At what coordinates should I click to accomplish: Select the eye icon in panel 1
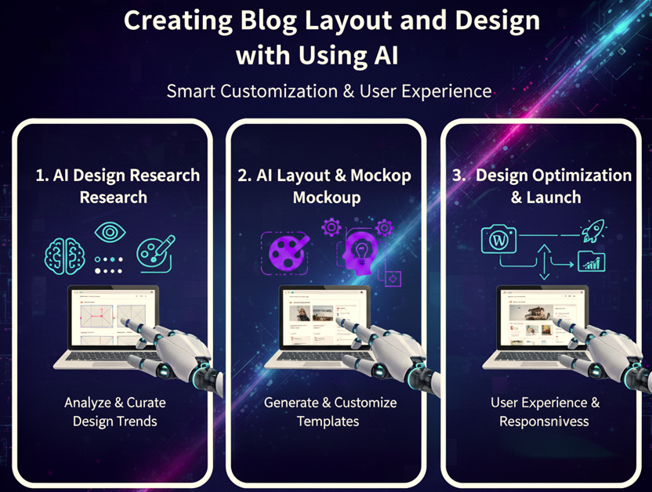pos(109,233)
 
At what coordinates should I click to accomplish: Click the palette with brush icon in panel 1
pos(155,253)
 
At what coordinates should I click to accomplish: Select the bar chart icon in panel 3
pos(591,262)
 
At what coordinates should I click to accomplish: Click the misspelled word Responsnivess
pos(545,421)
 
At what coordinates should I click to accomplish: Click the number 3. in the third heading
pos(459,175)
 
